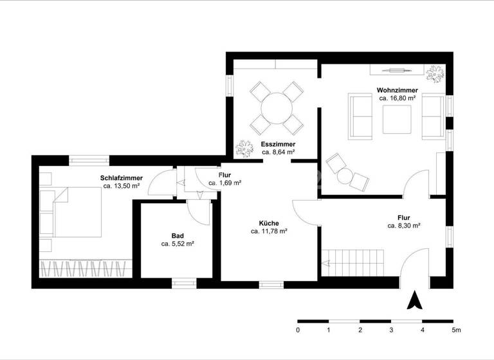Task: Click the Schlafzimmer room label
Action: tap(121, 178)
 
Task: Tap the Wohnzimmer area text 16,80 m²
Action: tap(398, 99)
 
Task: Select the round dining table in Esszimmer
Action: tap(277, 107)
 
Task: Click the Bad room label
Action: tap(178, 236)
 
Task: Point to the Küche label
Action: tap(269, 222)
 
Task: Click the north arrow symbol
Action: tap(416, 300)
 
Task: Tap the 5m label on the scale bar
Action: tap(456, 330)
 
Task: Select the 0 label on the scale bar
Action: tap(298, 330)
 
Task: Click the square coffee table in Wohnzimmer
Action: tap(397, 118)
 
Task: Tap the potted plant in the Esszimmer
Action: tap(244, 148)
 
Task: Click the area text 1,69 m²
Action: tap(224, 183)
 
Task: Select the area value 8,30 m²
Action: tap(403, 226)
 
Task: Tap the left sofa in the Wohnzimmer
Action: tap(361, 116)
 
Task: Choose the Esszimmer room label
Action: tap(278, 144)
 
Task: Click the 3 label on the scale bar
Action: tap(391, 330)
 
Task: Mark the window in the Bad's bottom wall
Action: tap(183, 281)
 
